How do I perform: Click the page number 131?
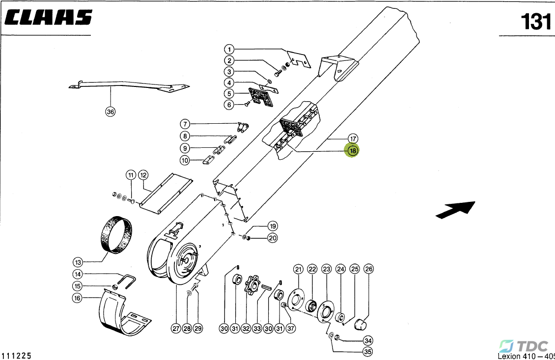point(536,22)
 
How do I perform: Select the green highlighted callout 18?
point(353,151)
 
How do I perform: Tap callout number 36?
point(111,112)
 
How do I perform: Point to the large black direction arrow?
point(455,209)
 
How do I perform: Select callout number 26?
point(368,269)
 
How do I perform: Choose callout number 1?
point(229,49)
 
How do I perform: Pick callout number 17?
point(353,138)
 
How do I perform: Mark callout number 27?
point(176,329)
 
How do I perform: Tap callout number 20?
point(272,238)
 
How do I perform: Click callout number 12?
point(143,175)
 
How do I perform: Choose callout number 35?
point(367,352)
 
